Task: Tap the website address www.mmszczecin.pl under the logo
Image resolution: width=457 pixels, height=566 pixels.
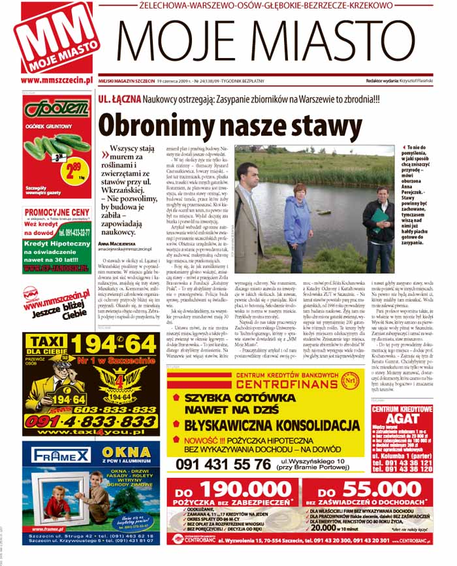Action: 55,81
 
